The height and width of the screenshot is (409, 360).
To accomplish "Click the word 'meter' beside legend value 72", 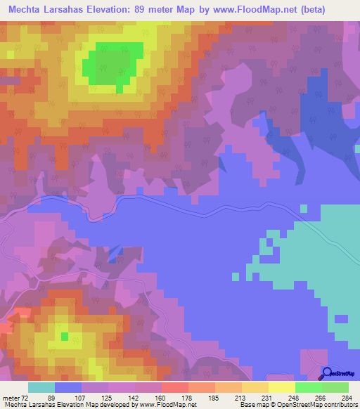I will click(x=11, y=397).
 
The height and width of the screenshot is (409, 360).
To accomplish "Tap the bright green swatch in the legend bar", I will click(x=308, y=387).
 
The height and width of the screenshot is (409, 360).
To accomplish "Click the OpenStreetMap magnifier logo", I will click(x=327, y=374).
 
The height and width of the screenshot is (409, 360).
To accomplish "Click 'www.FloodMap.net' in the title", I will click(x=246, y=10).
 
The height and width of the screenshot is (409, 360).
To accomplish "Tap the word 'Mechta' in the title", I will click(x=25, y=10).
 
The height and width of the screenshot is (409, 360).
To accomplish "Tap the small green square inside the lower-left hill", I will click(x=65, y=337).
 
